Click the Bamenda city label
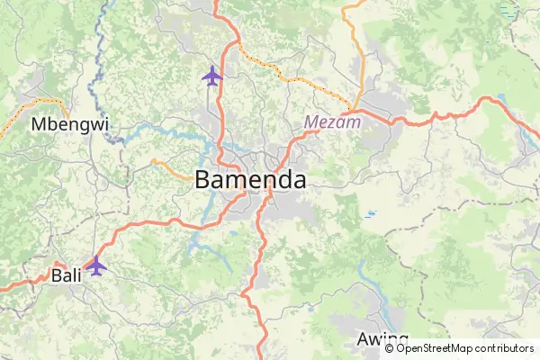point(250,179)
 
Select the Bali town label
point(67,274)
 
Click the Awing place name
point(376,339)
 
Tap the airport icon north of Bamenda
point(212,76)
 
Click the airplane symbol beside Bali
point(95,265)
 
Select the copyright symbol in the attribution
point(390,348)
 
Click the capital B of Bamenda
point(203,179)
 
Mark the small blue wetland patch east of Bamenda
point(370,214)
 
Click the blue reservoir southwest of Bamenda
point(194,241)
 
